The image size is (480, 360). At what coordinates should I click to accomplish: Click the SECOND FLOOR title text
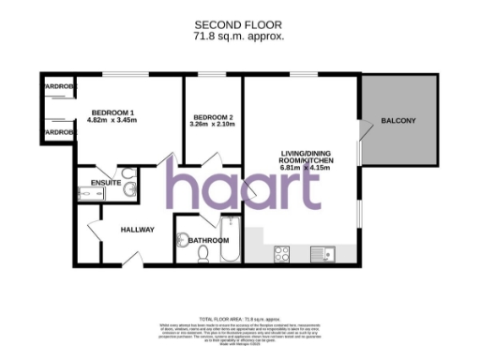[239, 23]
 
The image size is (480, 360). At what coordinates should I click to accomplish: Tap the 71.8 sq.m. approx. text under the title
[239, 36]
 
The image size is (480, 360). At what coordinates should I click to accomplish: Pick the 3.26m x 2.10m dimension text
[211, 124]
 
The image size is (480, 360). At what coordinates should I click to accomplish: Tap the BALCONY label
[398, 122]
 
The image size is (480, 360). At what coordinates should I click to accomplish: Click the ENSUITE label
[105, 182]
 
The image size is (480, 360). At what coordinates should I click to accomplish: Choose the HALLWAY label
[137, 230]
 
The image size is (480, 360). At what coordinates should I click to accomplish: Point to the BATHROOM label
[208, 240]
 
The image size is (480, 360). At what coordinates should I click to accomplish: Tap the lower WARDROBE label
[58, 133]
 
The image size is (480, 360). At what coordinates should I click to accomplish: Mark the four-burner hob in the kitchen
[283, 251]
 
